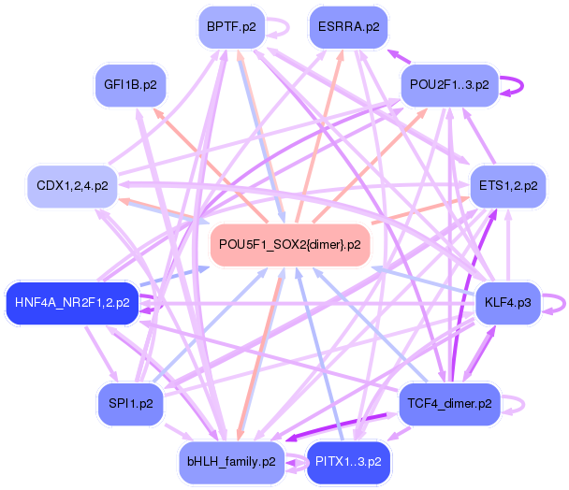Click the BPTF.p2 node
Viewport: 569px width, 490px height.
[231, 27]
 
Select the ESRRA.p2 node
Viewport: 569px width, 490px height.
[348, 27]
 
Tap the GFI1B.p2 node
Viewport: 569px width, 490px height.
[130, 85]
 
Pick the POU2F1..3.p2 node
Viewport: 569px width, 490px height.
[449, 85]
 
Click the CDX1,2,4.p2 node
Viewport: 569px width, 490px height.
[72, 186]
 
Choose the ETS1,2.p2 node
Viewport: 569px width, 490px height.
[508, 186]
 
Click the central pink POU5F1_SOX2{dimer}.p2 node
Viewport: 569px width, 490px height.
[290, 245]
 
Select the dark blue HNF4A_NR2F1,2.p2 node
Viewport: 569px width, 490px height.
[72, 303]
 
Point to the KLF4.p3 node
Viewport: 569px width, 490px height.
[508, 303]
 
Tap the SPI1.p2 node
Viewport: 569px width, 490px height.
[130, 404]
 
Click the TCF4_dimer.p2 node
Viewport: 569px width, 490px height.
[449, 404]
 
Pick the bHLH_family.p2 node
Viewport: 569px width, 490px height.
[231, 463]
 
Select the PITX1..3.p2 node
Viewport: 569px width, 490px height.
[348, 463]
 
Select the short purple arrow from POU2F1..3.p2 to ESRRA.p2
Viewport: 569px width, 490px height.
[399, 57]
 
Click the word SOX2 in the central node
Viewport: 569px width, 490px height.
[289, 245]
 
